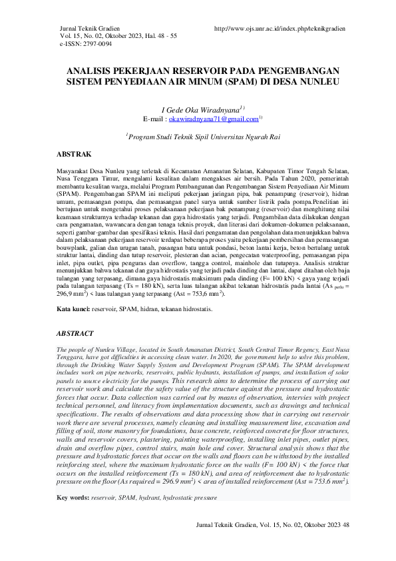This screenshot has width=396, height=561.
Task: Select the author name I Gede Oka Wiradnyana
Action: point(200,109)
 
